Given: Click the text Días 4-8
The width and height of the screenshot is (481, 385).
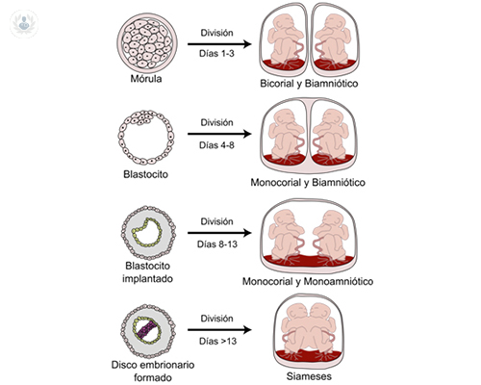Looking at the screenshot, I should pyautogui.click(x=216, y=146).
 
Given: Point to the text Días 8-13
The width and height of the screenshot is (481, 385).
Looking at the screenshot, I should pyautogui.click(x=216, y=245).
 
